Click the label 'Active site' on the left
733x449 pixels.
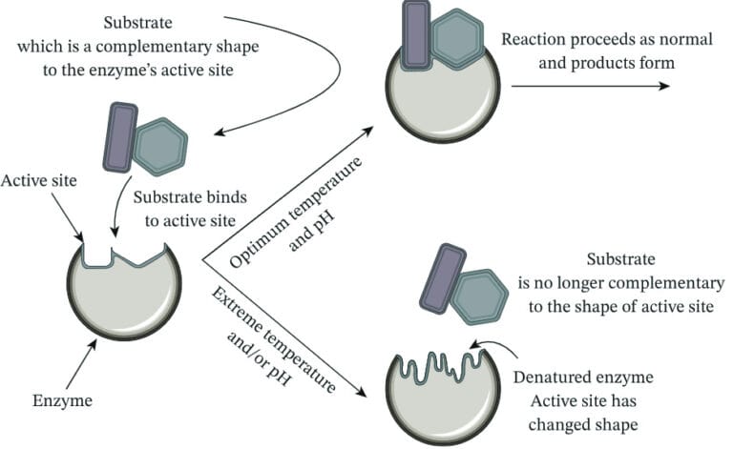pyautogui.click(x=41, y=180)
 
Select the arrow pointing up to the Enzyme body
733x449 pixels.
pyautogui.click(x=80, y=361)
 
